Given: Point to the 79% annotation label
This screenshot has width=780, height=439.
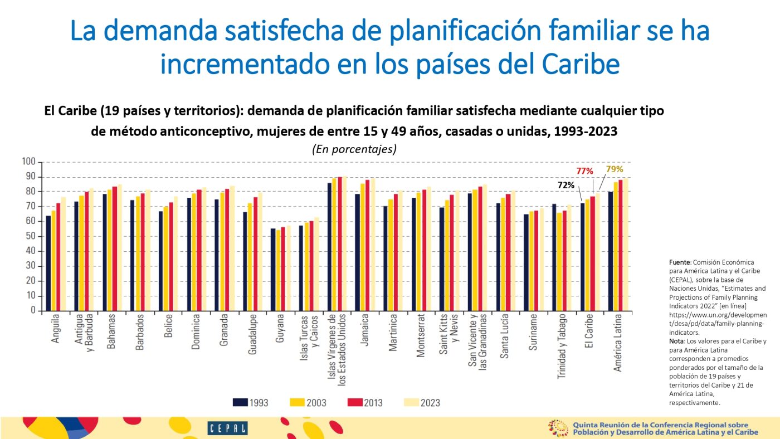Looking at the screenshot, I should click(x=615, y=169).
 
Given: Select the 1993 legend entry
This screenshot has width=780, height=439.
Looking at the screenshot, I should click(x=250, y=402).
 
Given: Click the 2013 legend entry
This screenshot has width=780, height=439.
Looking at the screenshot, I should click(x=364, y=402).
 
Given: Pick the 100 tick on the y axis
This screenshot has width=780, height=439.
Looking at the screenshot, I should click(x=28, y=162).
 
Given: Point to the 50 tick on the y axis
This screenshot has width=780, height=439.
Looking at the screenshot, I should click(x=31, y=236).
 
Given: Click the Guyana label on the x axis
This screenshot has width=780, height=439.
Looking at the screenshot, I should click(x=280, y=328).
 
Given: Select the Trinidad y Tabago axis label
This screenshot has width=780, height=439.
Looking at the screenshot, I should click(x=562, y=347).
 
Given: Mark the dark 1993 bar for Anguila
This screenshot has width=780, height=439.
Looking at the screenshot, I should click(x=48, y=263).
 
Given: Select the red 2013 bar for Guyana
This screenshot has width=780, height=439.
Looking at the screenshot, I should click(x=283, y=269).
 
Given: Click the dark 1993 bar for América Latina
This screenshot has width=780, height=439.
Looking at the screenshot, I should click(x=611, y=251).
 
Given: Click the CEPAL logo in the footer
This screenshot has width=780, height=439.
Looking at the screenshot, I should click(x=227, y=428).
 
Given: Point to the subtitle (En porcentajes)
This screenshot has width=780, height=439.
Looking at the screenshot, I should click(x=354, y=149).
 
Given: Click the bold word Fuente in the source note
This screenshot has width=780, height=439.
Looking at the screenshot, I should click(x=679, y=262).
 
